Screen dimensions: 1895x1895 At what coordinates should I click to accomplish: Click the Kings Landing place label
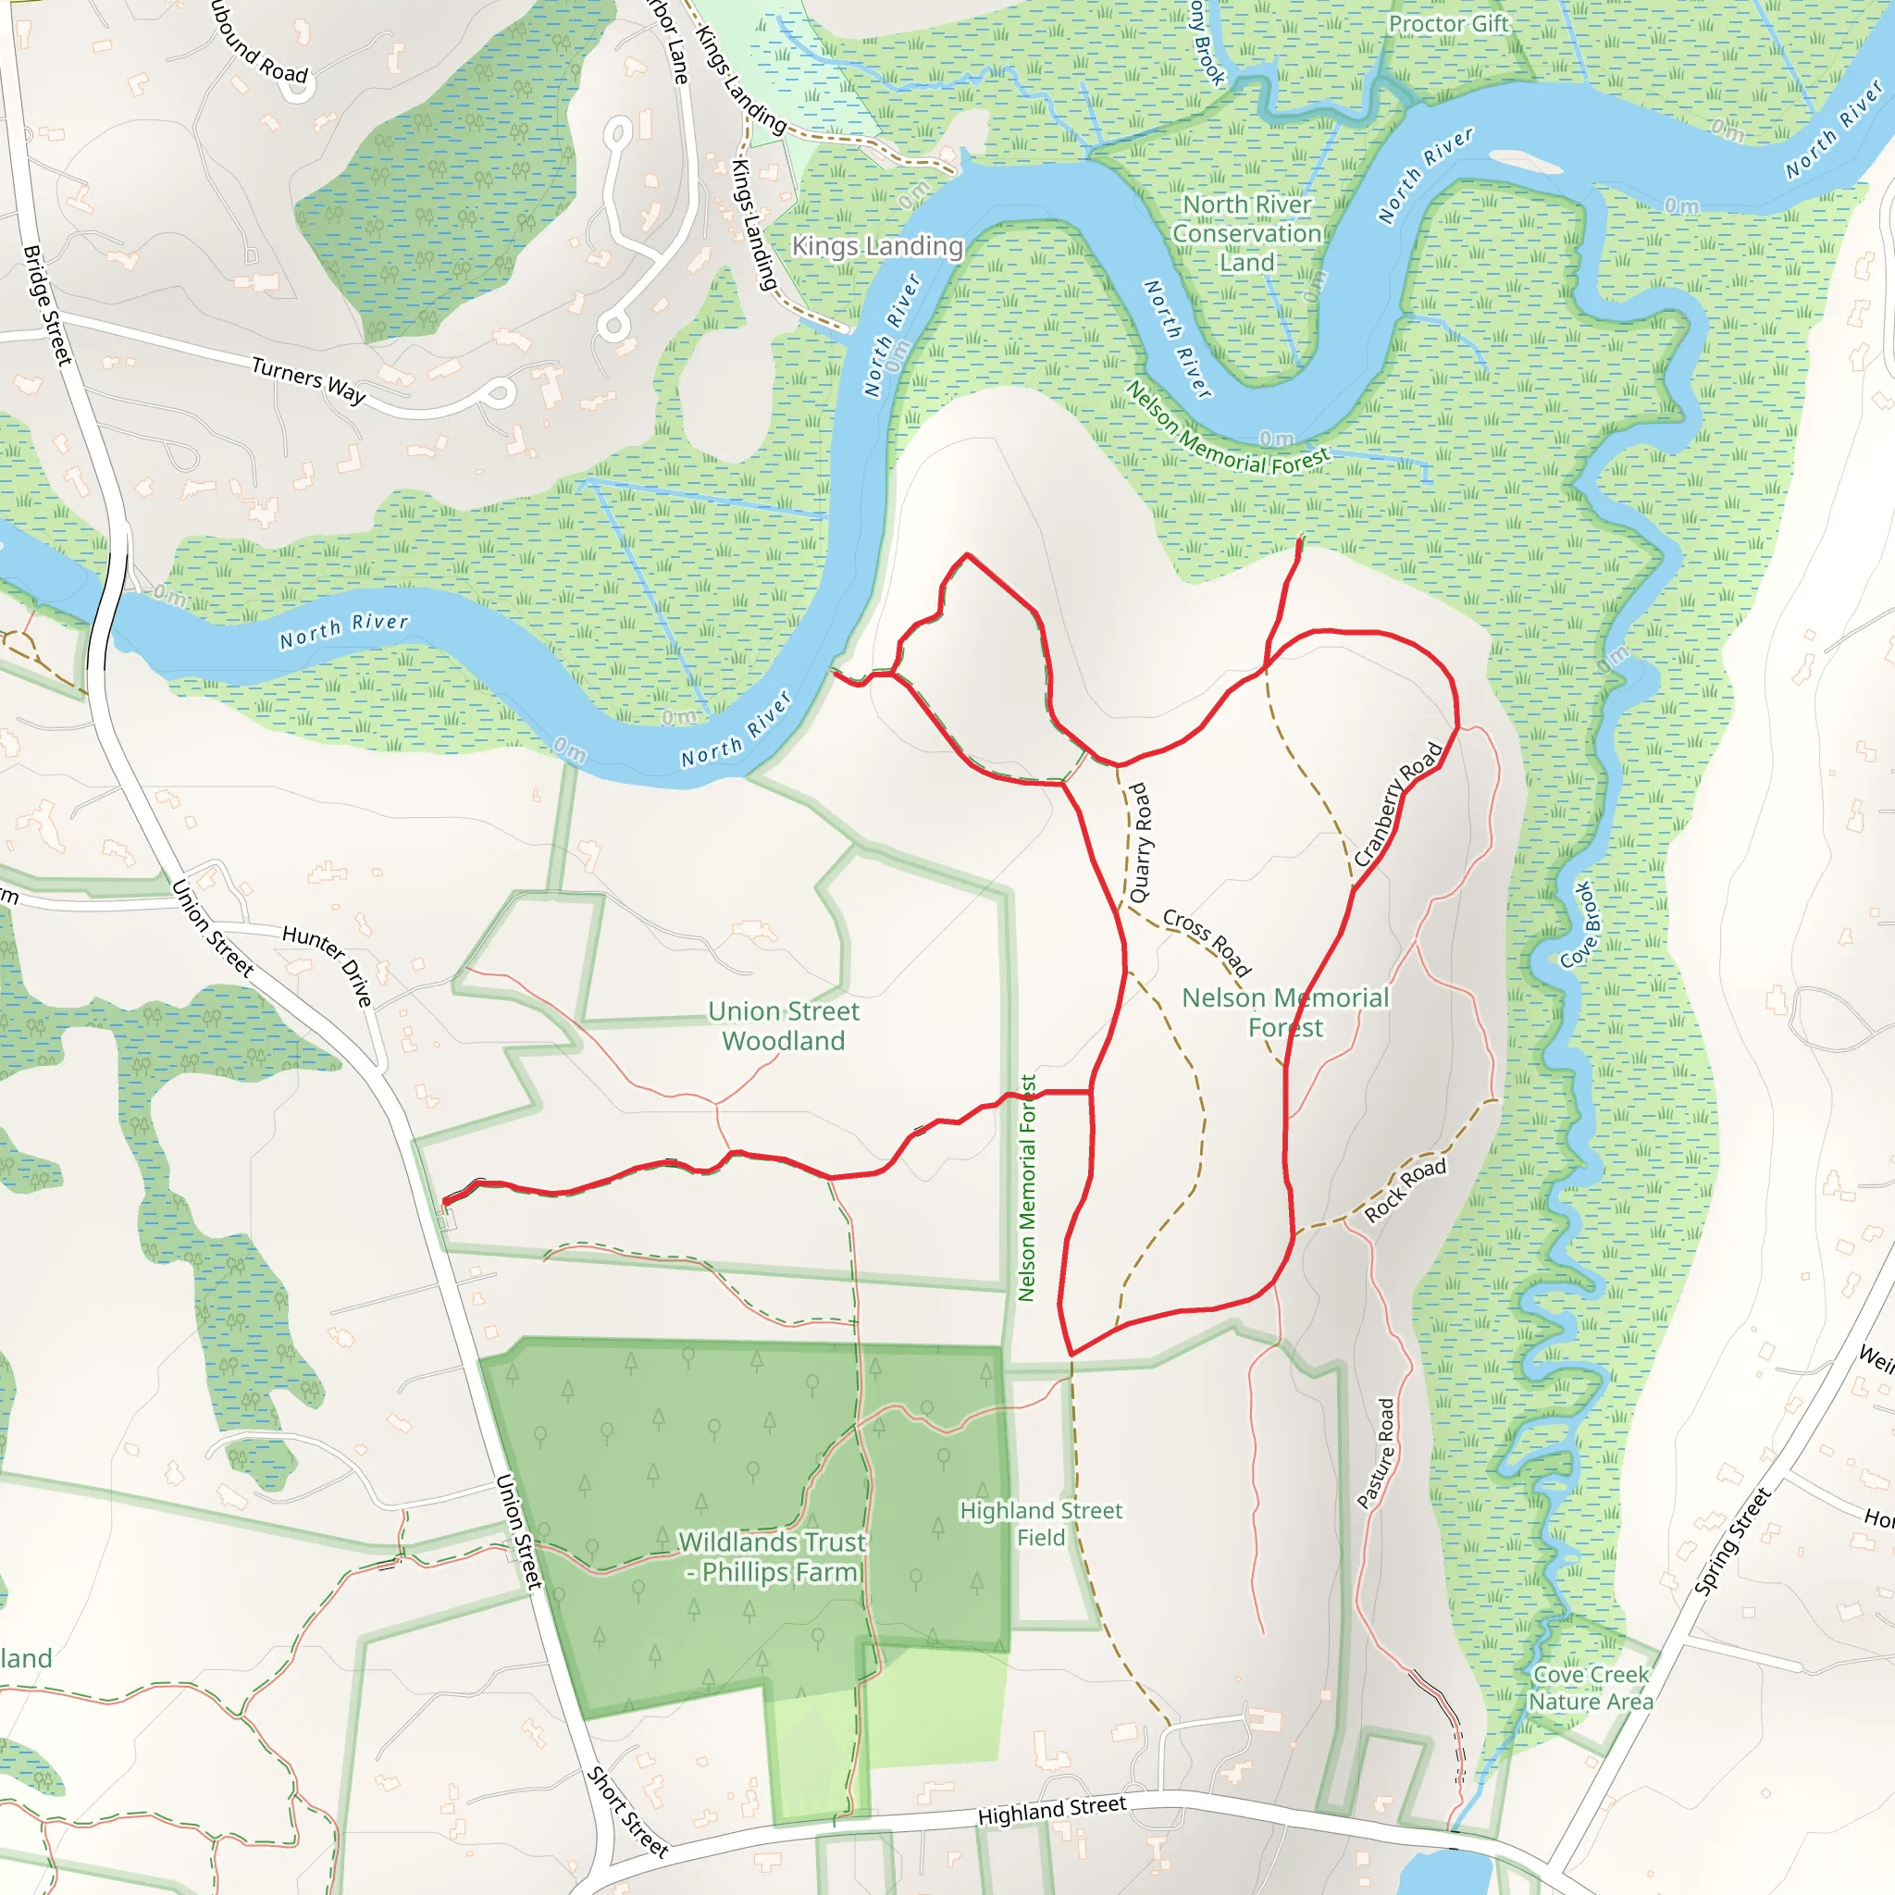[x=877, y=246]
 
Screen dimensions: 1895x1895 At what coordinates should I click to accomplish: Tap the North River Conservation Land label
[x=1246, y=233]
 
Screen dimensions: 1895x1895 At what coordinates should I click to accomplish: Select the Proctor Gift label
[x=1448, y=23]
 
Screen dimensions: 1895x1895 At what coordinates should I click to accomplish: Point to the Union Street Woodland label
[x=783, y=1026]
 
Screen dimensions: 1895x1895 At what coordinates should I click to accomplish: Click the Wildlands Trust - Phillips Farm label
[x=773, y=1556]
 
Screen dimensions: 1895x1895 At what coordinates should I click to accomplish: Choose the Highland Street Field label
[x=1040, y=1523]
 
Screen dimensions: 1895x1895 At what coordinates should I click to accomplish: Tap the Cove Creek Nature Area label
[x=1590, y=1688]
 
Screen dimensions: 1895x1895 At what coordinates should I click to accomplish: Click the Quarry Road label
[x=1139, y=843]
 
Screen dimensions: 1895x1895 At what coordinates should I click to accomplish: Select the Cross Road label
[x=1207, y=941]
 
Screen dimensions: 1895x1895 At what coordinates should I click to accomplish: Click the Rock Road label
[x=1405, y=1190]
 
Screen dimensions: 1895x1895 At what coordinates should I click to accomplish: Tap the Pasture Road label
[x=1375, y=1454]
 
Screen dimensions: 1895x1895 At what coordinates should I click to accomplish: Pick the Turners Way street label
[x=308, y=380]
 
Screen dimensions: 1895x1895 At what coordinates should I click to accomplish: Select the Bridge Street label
[x=47, y=305]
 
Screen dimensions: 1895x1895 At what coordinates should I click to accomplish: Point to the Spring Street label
[x=1732, y=1542]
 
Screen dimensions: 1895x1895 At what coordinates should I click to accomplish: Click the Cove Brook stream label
[x=1580, y=924]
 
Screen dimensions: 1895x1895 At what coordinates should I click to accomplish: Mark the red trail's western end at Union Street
[x=446, y=1202]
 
